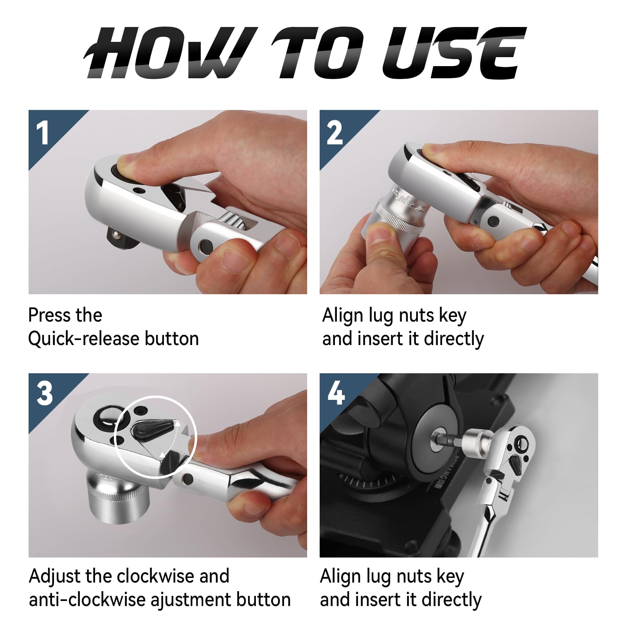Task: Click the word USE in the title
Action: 454,53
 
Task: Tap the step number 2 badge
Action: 335,133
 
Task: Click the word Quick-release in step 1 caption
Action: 83,339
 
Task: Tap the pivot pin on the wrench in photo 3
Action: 187,478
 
